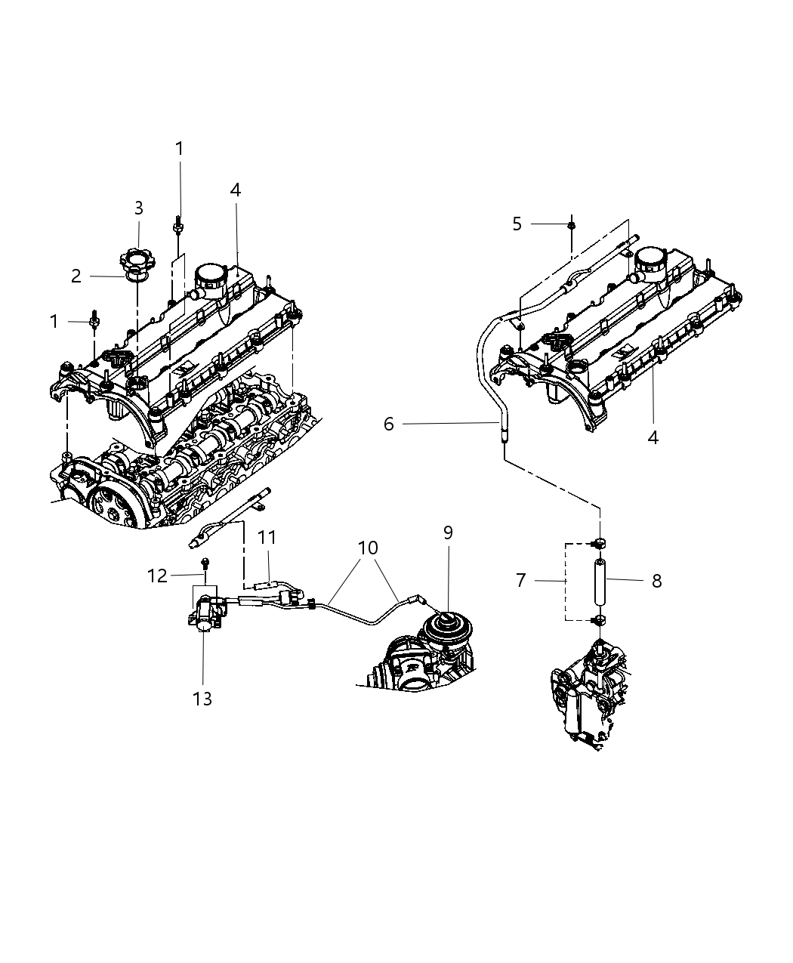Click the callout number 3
pos(138,208)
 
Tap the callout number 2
pos(76,276)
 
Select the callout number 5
pos(517,224)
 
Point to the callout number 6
pos(388,424)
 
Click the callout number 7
pos(520,581)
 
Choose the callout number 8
pos(656,581)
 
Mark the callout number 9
pos(448,533)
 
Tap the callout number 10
pos(368,548)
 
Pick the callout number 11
pos(267,538)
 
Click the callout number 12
pos(157,576)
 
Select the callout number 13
pos(202,699)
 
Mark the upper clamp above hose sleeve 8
pos(600,543)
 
